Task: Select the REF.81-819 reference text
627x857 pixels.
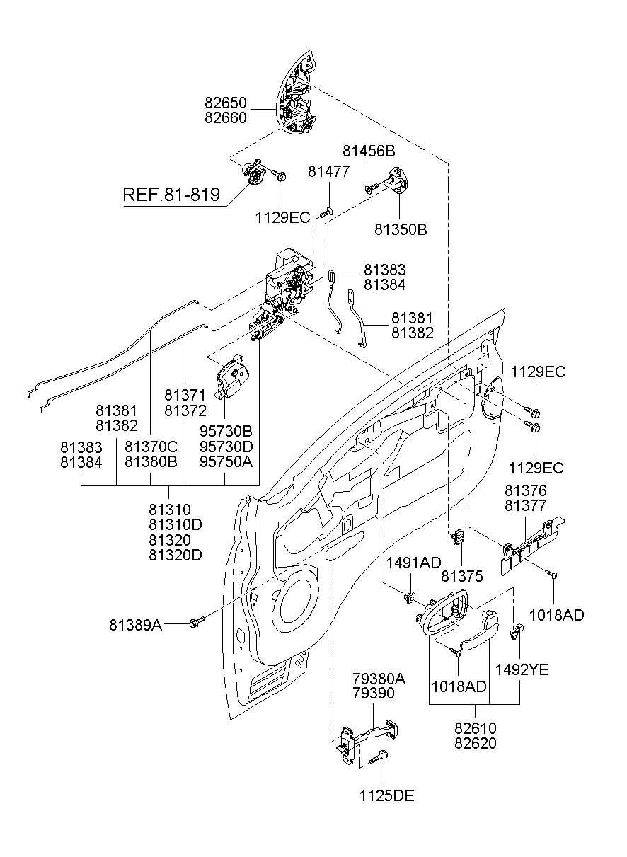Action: click(x=171, y=195)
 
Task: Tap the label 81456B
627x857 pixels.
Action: click(x=369, y=151)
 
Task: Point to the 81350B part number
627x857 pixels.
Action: click(x=401, y=230)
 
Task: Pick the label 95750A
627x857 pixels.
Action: click(x=226, y=462)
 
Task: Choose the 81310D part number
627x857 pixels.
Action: click(x=176, y=524)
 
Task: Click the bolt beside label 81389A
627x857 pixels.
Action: click(x=196, y=622)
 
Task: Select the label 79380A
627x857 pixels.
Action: click(x=379, y=679)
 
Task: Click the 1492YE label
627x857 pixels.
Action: click(x=522, y=669)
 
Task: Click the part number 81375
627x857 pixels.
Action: click(x=461, y=576)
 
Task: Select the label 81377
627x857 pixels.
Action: click(x=525, y=505)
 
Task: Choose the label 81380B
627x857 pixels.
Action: click(x=151, y=462)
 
